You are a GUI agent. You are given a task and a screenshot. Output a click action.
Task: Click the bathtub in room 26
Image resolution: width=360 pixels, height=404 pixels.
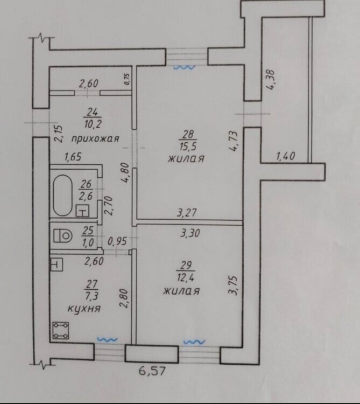(62, 196)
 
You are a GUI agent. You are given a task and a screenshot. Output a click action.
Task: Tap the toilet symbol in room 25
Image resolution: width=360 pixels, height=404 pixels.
(62, 235)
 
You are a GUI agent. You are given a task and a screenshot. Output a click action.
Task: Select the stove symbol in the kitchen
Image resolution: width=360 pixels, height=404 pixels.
(61, 330)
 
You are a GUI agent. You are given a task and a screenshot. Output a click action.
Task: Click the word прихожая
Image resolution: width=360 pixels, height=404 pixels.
(95, 138)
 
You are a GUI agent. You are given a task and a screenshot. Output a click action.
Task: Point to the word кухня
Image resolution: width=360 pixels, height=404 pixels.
(84, 309)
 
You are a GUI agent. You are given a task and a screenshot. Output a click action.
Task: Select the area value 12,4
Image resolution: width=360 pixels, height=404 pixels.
(185, 278)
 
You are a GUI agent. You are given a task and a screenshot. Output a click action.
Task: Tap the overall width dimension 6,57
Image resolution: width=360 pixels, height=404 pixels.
(152, 371)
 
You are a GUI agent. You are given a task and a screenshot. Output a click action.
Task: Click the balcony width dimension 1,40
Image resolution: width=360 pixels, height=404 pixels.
(285, 156)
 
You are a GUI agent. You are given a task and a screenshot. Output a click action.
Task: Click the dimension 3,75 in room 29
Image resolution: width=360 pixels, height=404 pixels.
(234, 285)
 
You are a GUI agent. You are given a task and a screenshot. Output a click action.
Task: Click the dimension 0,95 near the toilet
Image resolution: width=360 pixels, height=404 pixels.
(117, 241)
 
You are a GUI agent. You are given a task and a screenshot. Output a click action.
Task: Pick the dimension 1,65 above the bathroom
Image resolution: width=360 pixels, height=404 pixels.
(73, 157)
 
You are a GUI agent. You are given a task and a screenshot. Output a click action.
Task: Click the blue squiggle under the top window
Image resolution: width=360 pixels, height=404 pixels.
(184, 67)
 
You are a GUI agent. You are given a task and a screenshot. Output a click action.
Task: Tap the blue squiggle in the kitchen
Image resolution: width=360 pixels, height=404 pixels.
(107, 340)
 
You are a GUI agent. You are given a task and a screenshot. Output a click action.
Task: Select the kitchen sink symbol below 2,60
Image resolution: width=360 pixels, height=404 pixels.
(57, 264)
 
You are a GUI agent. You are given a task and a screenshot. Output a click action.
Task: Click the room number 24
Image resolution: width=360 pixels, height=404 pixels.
(93, 113)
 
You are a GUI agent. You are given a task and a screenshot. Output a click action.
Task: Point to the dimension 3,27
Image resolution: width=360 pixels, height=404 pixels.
(187, 213)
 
